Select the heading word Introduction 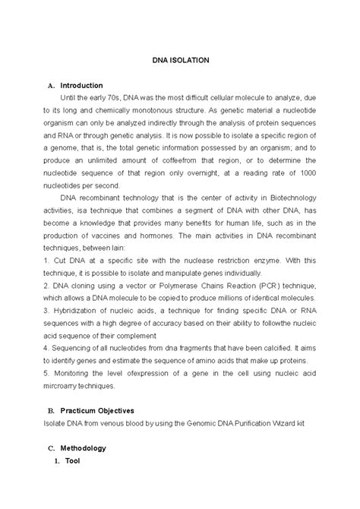(x=81, y=85)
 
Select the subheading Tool (x=73, y=460)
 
